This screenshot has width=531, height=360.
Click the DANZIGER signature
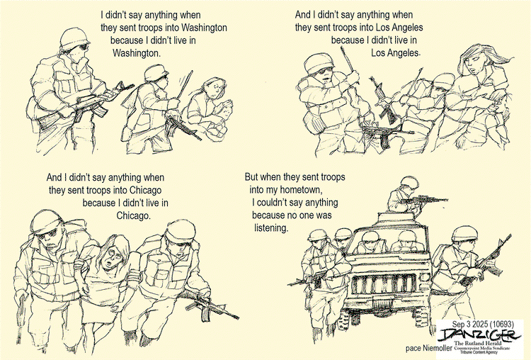[479, 335]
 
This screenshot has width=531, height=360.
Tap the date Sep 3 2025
[469, 324]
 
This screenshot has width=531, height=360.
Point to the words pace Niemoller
[428, 348]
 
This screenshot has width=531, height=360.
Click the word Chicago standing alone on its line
[133, 215]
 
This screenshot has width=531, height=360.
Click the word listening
[271, 228]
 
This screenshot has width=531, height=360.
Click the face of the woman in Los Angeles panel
[474, 63]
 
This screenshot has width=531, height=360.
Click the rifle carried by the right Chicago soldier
[212, 308]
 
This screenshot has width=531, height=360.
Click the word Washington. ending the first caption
[137, 53]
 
